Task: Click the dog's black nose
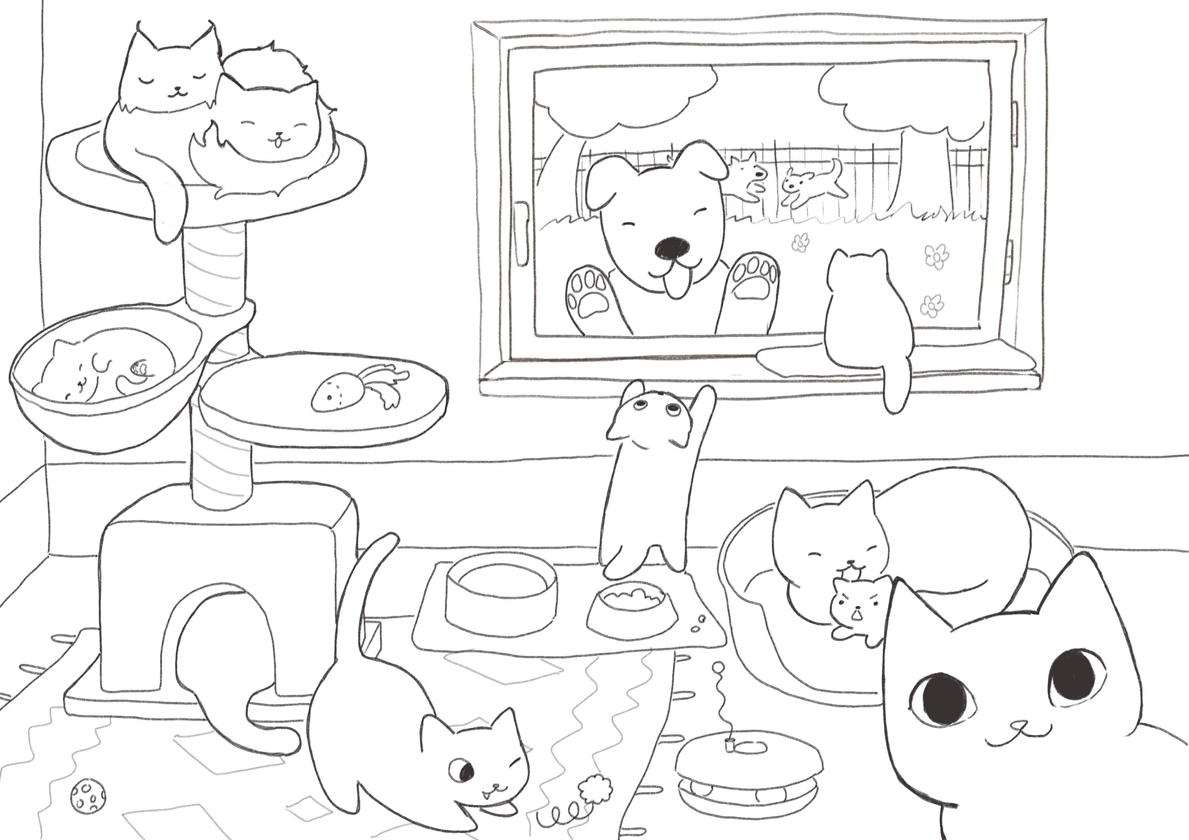pos(672,249)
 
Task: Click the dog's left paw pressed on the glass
pos(589,297)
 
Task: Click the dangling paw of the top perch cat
pos(167,220)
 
